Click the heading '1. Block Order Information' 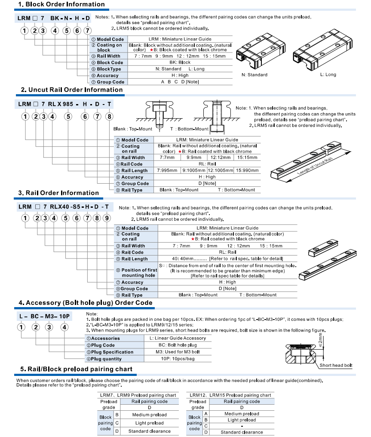click(61, 4)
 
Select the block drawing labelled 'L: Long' click(322, 49)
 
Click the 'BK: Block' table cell click(180, 62)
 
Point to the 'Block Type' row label click(109, 69)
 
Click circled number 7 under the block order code click(87, 31)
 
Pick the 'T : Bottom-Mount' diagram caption click(189, 129)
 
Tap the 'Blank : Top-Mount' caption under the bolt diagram click(132, 129)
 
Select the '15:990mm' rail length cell click(247, 170)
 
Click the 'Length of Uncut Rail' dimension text click(315, 166)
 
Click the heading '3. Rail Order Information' click(58, 193)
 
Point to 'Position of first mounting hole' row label click(139, 273)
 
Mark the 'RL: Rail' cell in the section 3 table click(227, 252)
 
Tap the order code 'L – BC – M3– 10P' click(45, 316)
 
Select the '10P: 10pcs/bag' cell click(178, 359)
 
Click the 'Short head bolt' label click(336, 365)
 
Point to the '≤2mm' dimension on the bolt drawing click(320, 340)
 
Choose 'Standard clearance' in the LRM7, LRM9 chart click(150, 431)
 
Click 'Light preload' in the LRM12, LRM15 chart click(242, 420)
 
